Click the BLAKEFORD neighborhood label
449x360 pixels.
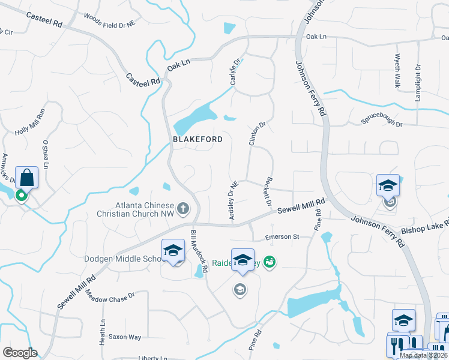click(x=197, y=139)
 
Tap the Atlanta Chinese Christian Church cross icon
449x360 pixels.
click(x=182, y=209)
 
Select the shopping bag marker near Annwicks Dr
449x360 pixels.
click(x=27, y=178)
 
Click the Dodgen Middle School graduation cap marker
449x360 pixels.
click(x=173, y=250)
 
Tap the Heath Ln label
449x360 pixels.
click(x=103, y=331)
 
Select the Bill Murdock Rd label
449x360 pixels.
click(x=199, y=252)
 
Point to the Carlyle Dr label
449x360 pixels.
click(x=235, y=71)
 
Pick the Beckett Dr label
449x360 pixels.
click(x=267, y=193)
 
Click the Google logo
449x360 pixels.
click(x=20, y=353)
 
